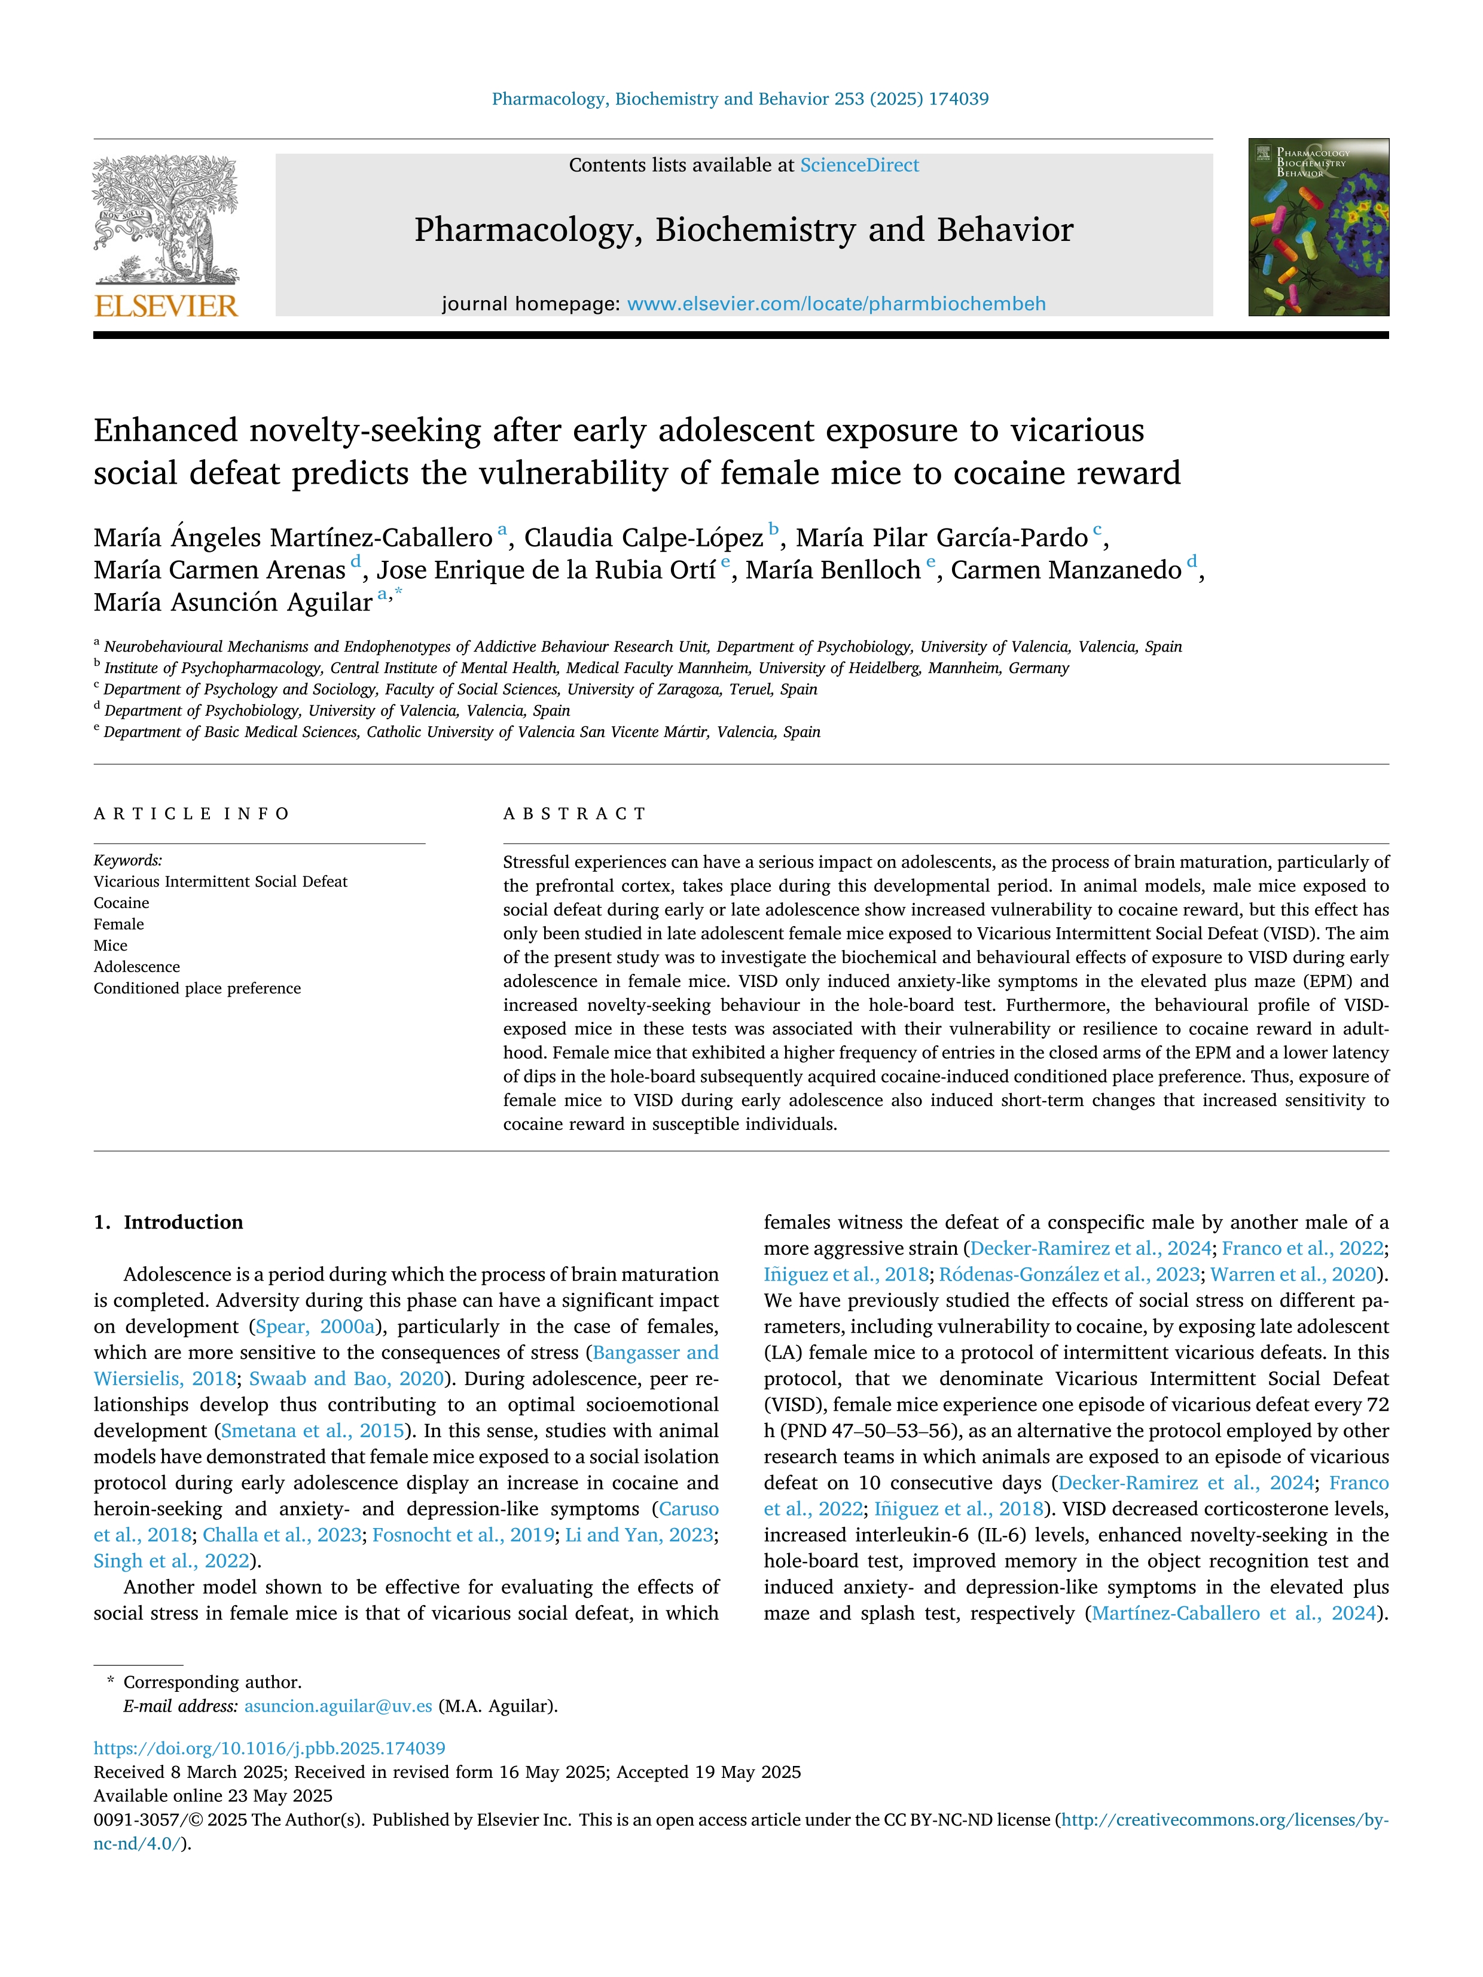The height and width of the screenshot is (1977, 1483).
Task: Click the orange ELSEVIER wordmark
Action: (x=166, y=307)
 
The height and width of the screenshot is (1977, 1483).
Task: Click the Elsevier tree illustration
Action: (x=166, y=219)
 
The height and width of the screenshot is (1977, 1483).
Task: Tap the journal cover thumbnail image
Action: (x=1319, y=227)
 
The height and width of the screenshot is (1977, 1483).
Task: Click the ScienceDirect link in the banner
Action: (x=859, y=166)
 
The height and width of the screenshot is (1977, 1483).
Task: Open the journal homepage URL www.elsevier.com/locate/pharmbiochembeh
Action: (x=836, y=304)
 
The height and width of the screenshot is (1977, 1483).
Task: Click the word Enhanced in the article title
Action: (x=166, y=431)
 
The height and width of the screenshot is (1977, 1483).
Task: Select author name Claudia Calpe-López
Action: (x=643, y=538)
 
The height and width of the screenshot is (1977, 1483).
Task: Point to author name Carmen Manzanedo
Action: (x=1066, y=570)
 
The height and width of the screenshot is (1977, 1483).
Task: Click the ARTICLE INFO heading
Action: (x=191, y=813)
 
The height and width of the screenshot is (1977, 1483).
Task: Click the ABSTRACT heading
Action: (x=575, y=813)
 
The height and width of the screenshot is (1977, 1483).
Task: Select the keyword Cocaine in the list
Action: (x=121, y=903)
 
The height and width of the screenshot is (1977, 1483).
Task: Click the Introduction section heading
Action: (x=182, y=1223)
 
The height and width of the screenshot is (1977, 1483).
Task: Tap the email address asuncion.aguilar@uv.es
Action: (x=338, y=1706)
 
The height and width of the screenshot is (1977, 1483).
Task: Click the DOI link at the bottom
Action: (x=269, y=1748)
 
